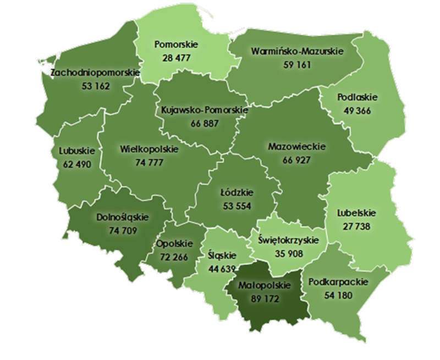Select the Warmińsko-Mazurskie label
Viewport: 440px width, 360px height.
[297, 51]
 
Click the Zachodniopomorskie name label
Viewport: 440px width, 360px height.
[87, 73]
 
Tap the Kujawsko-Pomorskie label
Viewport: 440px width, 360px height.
[204, 110]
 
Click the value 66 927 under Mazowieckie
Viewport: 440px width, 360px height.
[297, 160]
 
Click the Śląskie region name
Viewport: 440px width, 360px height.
[222, 256]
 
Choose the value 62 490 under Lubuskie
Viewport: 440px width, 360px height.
[77, 163]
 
